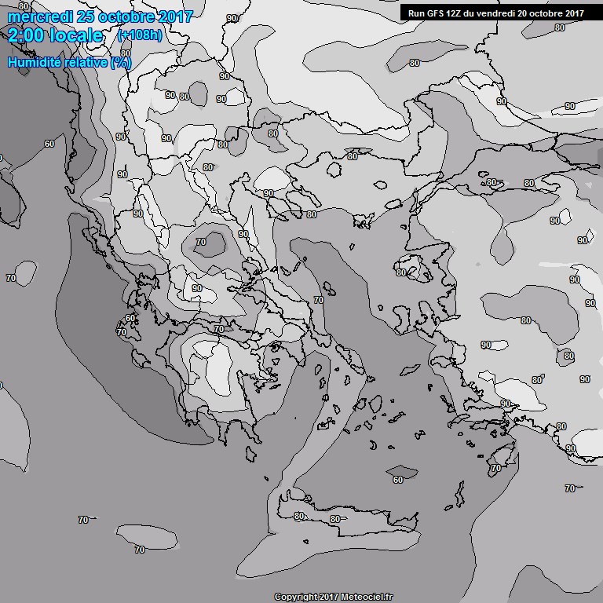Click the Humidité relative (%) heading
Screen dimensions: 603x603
pyautogui.click(x=69, y=62)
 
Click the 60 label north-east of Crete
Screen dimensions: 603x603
pyautogui.click(x=398, y=479)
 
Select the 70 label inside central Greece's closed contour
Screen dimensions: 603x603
pyautogui.click(x=201, y=242)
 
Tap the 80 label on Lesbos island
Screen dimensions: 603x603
pyautogui.click(x=401, y=272)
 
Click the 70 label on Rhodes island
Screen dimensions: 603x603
pyautogui.click(x=495, y=468)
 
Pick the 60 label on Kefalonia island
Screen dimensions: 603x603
pyautogui.click(x=130, y=319)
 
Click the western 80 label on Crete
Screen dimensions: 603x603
pyautogui.click(x=298, y=516)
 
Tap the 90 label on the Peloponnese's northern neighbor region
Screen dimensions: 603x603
pyautogui.click(x=196, y=288)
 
